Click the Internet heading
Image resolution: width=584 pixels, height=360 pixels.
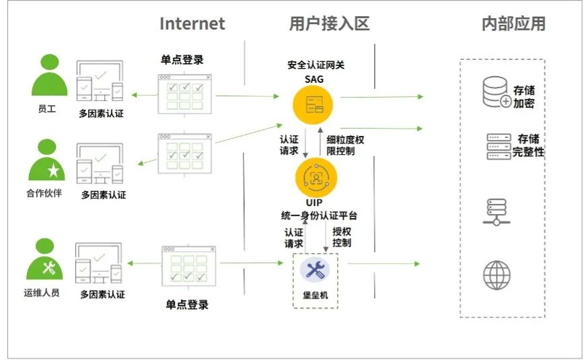click(192, 24)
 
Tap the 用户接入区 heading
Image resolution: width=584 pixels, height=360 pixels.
click(329, 24)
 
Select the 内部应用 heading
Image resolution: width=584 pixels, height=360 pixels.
click(513, 24)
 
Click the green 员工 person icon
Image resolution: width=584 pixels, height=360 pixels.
click(49, 75)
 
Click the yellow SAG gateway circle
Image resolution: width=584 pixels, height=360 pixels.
click(314, 104)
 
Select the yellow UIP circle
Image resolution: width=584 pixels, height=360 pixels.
click(316, 177)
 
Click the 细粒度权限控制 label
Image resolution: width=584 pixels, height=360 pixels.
click(346, 145)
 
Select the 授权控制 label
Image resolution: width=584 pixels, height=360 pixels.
click(342, 236)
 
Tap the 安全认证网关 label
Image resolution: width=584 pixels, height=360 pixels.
click(316, 65)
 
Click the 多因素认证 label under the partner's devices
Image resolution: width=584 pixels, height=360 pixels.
click(104, 195)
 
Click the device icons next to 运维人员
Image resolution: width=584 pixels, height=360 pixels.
click(100, 264)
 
